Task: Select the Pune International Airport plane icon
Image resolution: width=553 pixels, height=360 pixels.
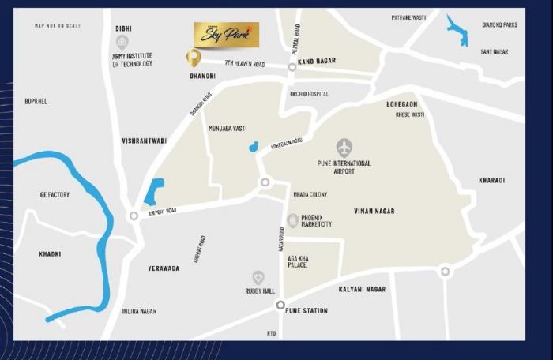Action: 344,148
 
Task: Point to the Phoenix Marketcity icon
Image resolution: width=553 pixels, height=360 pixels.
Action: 293,220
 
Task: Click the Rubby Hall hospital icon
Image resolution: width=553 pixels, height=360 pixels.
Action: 258,277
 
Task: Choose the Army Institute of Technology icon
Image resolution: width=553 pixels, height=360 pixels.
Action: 122,42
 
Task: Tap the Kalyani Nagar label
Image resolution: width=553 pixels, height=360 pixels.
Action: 362,290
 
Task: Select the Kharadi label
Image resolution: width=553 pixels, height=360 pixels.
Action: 491,181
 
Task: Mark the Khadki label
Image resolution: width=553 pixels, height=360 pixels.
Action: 50,254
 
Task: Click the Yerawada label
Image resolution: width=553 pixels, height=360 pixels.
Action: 164,268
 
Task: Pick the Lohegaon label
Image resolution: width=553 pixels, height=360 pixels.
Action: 401,104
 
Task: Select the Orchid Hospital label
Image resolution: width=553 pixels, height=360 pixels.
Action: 309,94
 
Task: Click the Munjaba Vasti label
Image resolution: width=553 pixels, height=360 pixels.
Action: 228,128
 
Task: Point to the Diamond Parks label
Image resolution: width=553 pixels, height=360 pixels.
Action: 499,25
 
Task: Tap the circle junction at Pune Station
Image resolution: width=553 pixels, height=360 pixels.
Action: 280,305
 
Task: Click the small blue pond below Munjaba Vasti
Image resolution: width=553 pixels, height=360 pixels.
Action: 253,147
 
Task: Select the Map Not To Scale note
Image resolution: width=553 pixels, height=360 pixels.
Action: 58,26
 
